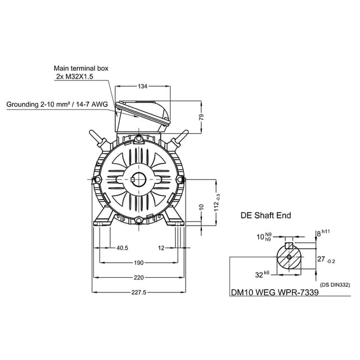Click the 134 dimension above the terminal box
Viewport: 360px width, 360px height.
[x=142, y=86]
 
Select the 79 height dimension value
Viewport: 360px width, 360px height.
[x=201, y=117]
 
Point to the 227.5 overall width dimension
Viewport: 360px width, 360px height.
[x=139, y=292]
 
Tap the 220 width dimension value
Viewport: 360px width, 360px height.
[x=139, y=277]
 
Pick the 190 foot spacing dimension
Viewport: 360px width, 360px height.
[x=139, y=263]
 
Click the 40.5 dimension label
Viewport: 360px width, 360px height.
[x=122, y=248]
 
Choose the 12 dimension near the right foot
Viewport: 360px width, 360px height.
[x=161, y=248]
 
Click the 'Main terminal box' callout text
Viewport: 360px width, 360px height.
[x=81, y=68]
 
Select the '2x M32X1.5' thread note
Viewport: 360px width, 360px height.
[x=75, y=76]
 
